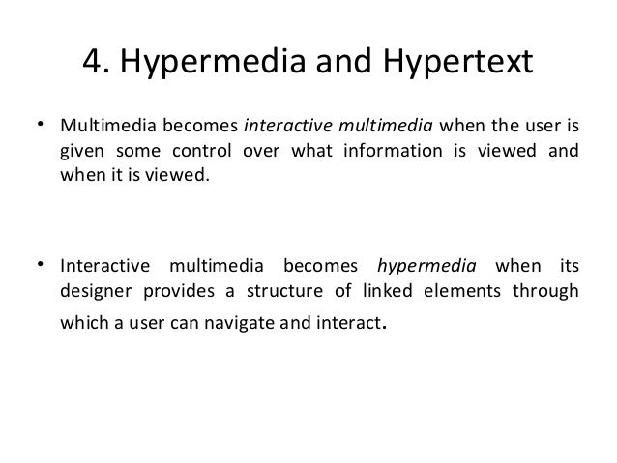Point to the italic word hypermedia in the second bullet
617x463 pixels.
pyautogui.click(x=423, y=267)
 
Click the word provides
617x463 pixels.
pyautogui.click(x=180, y=292)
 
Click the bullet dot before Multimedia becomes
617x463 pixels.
pyautogui.click(x=40, y=125)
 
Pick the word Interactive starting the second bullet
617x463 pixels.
pyautogui.click(x=103, y=267)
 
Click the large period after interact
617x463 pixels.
pyautogui.click(x=388, y=327)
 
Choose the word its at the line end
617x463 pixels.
pyautogui.click(x=569, y=267)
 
